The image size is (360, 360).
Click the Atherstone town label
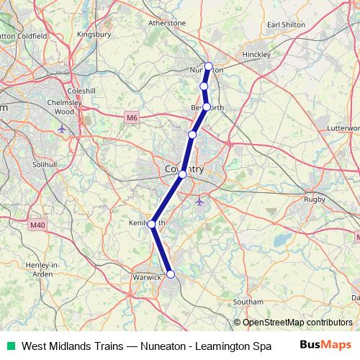point(166,23)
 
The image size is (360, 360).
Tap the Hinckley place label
point(255,53)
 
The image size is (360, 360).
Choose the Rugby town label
point(315,199)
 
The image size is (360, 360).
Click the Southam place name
point(248,302)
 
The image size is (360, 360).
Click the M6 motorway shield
point(130,117)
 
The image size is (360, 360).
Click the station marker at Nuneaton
point(209,66)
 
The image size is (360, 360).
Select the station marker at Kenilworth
point(152,225)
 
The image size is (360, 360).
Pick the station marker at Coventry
point(182,174)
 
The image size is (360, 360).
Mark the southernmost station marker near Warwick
point(171,274)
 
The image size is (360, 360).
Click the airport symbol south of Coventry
point(199,201)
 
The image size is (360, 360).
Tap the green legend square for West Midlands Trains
point(10,346)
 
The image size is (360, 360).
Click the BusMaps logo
point(325,346)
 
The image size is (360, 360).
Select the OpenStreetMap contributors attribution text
point(294,323)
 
